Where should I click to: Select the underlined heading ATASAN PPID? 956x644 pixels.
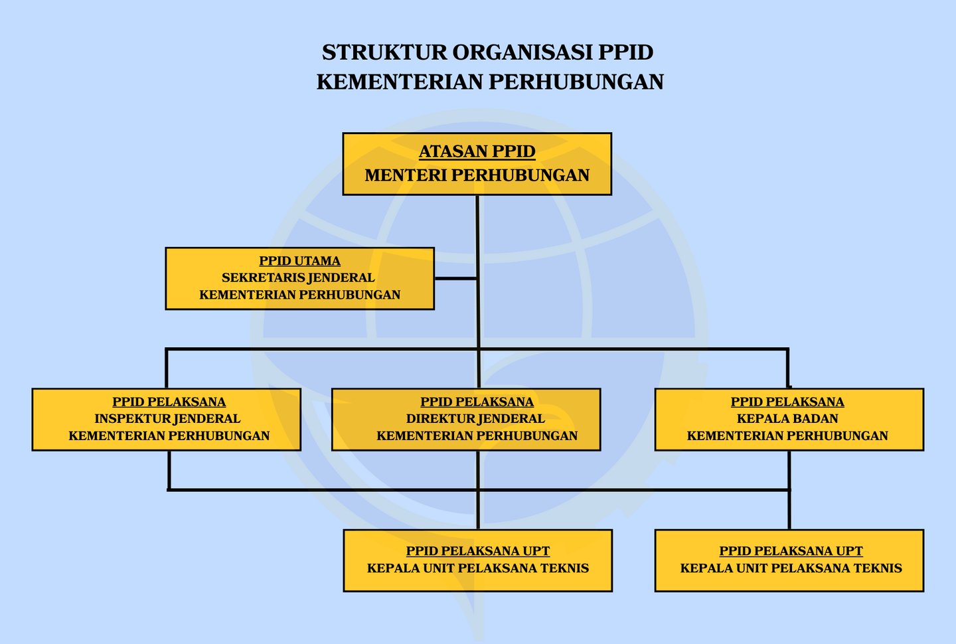click(477, 152)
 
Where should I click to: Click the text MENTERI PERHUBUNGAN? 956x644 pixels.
click(477, 175)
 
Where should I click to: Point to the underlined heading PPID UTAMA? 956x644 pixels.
click(299, 261)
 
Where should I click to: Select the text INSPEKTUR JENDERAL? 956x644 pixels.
click(167, 419)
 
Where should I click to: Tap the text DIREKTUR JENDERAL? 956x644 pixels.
click(475, 419)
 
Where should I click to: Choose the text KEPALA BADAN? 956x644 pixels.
click(787, 419)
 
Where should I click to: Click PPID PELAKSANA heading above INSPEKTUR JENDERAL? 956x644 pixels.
click(169, 402)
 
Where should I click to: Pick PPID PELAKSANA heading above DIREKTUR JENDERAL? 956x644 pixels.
click(477, 402)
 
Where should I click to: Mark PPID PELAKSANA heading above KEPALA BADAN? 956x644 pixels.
click(787, 402)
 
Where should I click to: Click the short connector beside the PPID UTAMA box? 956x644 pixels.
click(455, 279)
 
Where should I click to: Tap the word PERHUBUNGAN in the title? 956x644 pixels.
click(576, 82)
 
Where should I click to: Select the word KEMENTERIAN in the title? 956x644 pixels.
click(400, 82)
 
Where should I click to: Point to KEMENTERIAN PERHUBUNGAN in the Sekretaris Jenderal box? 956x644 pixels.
click(299, 295)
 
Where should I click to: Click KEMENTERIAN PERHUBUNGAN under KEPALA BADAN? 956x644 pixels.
click(787, 436)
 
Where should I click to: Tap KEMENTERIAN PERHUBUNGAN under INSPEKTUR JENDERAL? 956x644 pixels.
click(169, 436)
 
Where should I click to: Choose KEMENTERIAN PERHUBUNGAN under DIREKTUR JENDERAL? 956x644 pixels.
click(477, 436)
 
